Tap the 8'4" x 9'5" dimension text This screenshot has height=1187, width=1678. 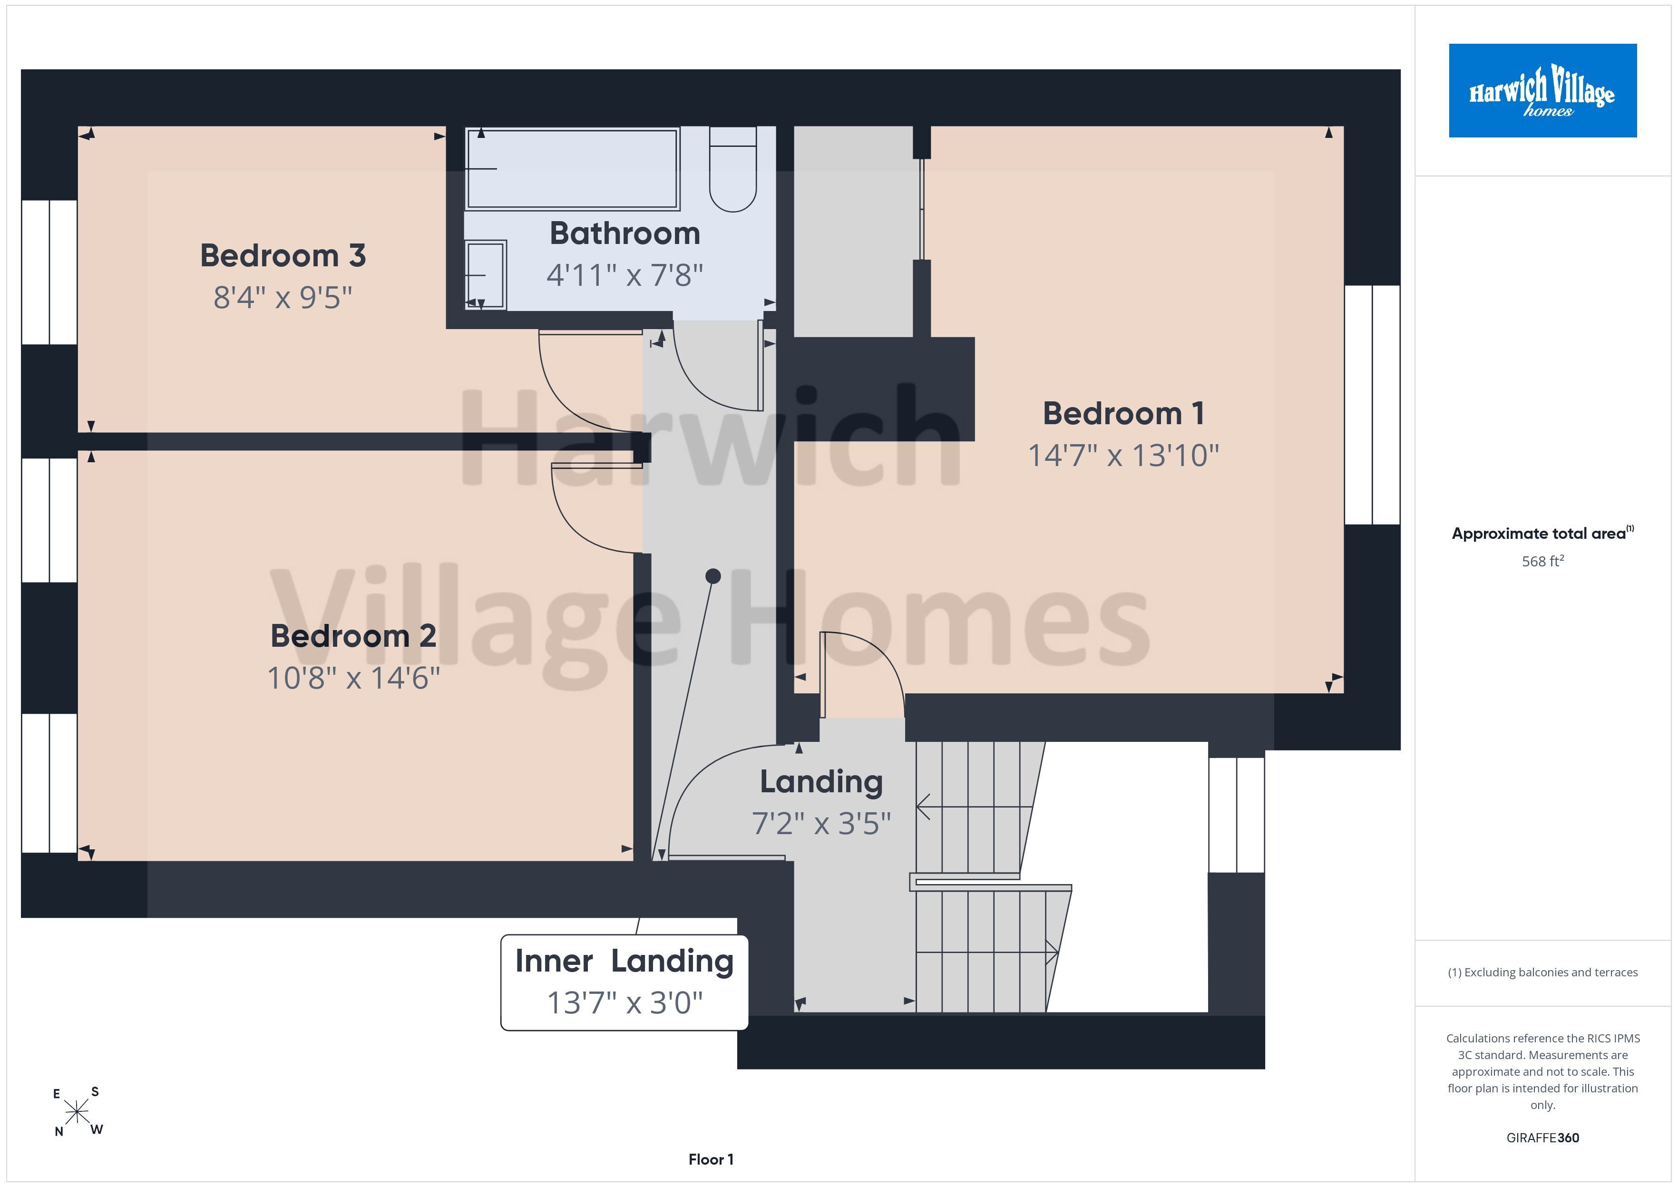point(283,298)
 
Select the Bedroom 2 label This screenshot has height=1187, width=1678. point(354,636)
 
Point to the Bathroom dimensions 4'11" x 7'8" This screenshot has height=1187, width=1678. point(625,275)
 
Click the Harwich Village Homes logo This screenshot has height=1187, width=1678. point(1543,91)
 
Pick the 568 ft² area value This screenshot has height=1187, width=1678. point(1543,561)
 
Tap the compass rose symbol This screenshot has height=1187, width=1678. point(77,1112)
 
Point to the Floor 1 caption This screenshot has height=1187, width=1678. point(711,1159)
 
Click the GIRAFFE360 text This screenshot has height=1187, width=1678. point(1543,1138)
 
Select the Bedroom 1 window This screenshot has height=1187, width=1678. point(1373,405)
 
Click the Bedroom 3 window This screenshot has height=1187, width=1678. point(49,272)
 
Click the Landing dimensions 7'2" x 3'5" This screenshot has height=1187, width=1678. point(821,824)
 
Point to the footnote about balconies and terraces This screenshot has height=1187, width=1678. point(1543,972)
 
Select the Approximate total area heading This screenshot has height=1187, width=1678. point(1543,534)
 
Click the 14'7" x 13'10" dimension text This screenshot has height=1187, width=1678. point(1123,456)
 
